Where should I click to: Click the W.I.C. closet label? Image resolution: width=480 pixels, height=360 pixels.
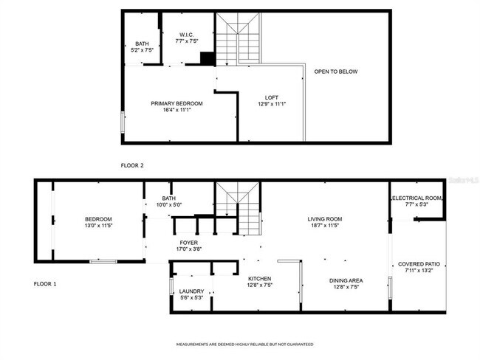pos(185,35)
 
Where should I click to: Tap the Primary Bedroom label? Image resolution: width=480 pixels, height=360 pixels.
pos(176,104)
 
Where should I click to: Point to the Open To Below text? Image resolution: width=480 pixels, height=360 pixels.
pos(335,72)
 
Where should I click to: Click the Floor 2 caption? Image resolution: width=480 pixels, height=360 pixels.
pos(132,165)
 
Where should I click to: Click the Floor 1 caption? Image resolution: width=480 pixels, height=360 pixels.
pos(45,283)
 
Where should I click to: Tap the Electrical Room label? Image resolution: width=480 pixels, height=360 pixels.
pos(416,198)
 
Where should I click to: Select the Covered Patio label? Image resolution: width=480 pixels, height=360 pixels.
pos(419,263)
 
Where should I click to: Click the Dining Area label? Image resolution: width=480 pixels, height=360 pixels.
pos(345,280)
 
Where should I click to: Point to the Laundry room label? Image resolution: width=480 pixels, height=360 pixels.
pos(191,291)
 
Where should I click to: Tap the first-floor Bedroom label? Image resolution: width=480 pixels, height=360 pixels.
pos(97,219)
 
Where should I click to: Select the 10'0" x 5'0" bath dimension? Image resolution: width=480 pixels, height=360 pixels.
pos(169,204)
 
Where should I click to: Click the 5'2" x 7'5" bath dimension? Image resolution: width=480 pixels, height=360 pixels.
pos(142,50)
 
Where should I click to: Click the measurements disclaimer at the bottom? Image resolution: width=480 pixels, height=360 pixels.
pos(244,345)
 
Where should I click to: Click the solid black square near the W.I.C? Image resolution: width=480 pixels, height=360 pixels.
pos(208,58)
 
